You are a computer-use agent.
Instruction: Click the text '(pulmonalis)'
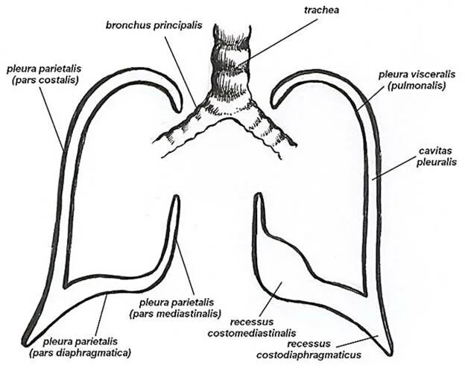(409, 86)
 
